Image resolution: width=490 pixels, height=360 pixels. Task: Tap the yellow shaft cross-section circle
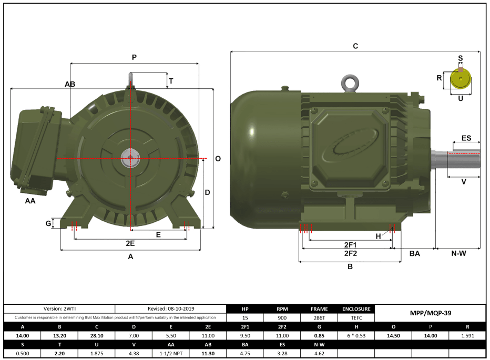pos(461,80)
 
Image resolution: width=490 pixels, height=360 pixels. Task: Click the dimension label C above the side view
pos(355,46)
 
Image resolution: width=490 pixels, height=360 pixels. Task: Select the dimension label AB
pos(70,84)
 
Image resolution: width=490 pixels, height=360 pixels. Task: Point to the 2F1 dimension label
pos(351,245)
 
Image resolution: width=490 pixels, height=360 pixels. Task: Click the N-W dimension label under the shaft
pos(458,253)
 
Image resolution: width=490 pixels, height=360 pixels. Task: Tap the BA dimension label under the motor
pos(415,253)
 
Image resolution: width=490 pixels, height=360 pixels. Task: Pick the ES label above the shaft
pos(466,138)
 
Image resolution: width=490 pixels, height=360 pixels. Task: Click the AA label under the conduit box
pos(30,201)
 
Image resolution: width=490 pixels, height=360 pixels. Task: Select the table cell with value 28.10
pos(97,335)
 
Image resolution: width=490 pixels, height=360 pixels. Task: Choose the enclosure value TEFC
pos(356,318)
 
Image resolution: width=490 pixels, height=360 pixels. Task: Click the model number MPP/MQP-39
pos(430,313)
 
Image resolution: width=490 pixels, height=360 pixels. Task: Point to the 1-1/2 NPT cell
pos(171,353)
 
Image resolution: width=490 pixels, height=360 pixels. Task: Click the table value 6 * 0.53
pos(356,335)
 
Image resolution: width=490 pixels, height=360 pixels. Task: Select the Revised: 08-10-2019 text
pos(170,309)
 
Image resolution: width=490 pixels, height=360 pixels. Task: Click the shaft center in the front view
pos(129,157)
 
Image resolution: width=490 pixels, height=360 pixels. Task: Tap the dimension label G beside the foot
pos(48,223)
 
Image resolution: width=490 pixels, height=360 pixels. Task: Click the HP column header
pos(245,309)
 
